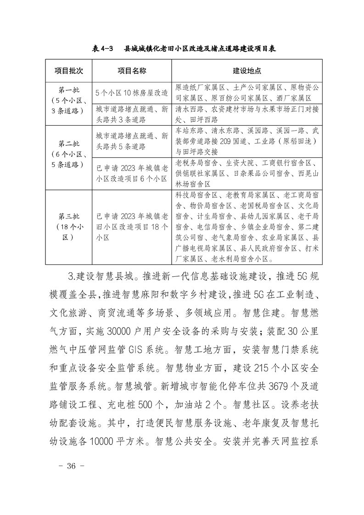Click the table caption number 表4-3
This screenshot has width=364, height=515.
click(100, 49)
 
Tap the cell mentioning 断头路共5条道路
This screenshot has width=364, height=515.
click(131, 141)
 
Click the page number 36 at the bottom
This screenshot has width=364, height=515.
click(70, 466)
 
